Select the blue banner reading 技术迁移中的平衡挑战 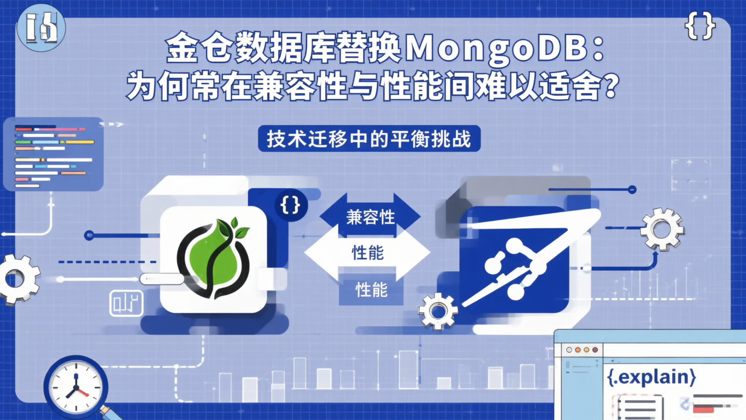pos(369,140)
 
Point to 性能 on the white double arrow pos(367,253)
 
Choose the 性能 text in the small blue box pos(371,290)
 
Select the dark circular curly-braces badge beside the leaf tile pos(290,205)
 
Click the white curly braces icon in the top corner pos(700,26)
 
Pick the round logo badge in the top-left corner pos(41,28)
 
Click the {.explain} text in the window pos(651,377)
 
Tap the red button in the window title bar pos(595,350)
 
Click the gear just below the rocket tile pos(438,312)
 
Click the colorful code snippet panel pos(53,154)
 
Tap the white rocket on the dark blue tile pos(523,259)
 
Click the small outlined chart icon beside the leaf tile pos(126,303)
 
